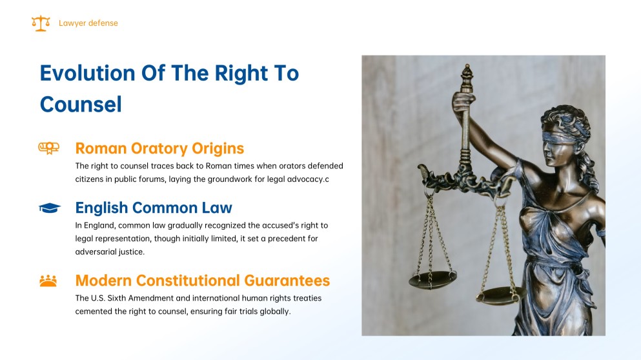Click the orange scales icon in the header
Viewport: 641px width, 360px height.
point(41,23)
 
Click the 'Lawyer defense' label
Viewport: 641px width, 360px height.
point(88,23)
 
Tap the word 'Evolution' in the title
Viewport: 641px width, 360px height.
point(87,73)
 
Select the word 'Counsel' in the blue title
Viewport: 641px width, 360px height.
point(81,105)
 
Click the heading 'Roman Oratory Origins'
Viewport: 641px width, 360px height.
point(159,148)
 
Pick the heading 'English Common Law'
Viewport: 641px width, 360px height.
point(154,208)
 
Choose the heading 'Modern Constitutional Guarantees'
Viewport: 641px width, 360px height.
point(202,280)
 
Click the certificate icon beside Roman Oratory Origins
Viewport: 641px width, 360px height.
point(48,148)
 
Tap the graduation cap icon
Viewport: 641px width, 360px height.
point(50,208)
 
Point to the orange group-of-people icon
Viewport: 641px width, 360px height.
point(48,281)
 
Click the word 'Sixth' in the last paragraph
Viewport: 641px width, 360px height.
point(116,298)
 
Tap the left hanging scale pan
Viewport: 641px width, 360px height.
point(432,279)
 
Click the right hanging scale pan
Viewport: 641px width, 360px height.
point(501,295)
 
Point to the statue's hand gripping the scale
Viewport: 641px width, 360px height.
point(463,103)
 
